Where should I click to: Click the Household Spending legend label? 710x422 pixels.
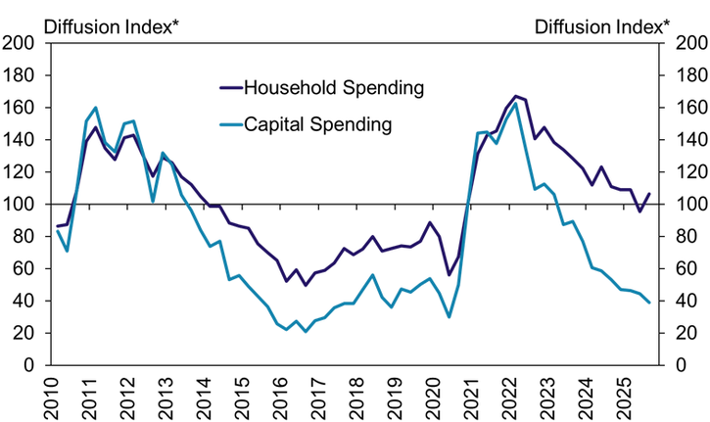333,88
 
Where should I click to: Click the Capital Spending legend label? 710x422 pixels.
317,124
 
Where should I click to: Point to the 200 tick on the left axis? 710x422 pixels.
21,43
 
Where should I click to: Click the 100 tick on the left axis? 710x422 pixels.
21,205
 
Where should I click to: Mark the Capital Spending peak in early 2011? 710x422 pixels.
96,108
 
